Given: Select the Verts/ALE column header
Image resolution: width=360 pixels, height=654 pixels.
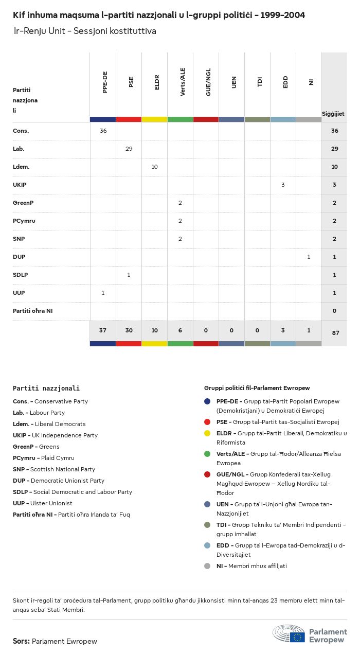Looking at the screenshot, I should point(183,82).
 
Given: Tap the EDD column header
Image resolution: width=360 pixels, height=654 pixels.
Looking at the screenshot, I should point(285,82).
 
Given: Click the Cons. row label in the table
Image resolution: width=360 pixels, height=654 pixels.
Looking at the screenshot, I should point(21,131).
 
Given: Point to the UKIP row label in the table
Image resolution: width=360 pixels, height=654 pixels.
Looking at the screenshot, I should point(20,185).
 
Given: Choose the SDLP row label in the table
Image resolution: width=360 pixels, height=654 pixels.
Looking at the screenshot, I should point(20,275).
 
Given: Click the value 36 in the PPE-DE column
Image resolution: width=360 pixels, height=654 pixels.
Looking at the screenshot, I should point(103,131).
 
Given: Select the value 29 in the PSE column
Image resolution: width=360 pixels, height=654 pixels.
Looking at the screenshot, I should point(129,149).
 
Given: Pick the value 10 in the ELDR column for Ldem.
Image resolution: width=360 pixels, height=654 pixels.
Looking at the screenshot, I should point(154,167).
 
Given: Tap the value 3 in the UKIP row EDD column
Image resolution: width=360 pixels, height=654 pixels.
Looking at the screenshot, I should point(283,185).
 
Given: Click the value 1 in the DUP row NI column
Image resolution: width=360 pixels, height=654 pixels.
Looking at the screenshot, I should point(309,257).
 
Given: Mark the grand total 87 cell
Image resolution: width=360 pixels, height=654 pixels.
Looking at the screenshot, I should point(335,333).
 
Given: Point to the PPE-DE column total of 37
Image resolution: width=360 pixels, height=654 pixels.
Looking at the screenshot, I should point(103,330).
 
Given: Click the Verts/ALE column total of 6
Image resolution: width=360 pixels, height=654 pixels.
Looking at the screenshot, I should point(180,330).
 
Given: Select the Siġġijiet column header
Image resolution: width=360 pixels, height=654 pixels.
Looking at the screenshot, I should point(333,114).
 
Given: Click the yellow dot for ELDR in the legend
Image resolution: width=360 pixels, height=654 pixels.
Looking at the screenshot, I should point(207,433).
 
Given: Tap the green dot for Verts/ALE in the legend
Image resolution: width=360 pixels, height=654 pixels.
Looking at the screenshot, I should point(207,454).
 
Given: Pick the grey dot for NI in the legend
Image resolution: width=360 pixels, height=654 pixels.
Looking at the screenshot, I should point(207,566).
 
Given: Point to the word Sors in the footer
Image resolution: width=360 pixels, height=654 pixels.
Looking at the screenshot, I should point(21,641).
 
